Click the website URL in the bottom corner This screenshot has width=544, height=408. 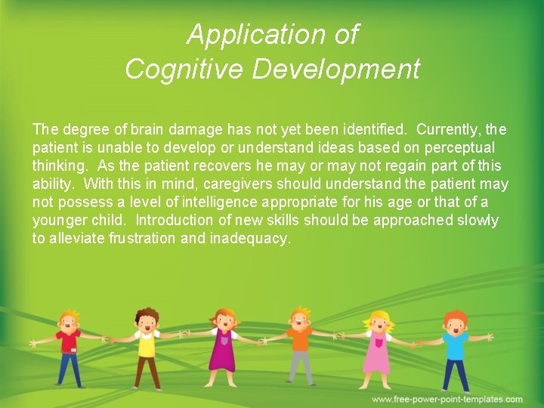tap(447, 399)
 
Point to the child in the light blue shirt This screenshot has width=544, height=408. tap(456, 348)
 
